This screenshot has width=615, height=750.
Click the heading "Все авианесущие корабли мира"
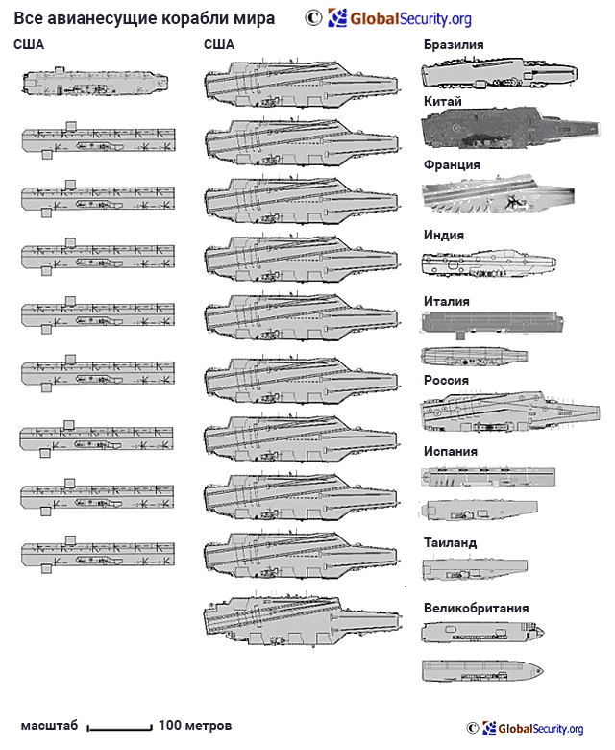144,18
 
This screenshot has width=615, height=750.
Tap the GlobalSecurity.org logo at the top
400,18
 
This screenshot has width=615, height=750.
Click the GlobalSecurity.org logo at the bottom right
532,728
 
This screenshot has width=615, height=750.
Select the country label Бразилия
454,44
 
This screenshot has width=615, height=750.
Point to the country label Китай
442,101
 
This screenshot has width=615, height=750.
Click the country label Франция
452,165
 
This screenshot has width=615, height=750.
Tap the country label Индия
443,235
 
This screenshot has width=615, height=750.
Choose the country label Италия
446,301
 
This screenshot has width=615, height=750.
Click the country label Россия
446,380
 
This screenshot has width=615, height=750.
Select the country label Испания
450,452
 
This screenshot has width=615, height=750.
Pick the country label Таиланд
450,543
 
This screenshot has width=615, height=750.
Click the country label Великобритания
476,608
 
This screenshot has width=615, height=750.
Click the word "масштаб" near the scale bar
49,726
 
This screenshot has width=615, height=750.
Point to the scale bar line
119,729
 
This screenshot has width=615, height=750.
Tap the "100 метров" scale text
195,726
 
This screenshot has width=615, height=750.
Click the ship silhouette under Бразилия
499,73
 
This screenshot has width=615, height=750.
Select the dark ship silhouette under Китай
510,129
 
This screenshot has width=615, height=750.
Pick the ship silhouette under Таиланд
475,568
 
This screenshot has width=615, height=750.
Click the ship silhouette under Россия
509,412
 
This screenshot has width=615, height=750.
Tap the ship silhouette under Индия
488,263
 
